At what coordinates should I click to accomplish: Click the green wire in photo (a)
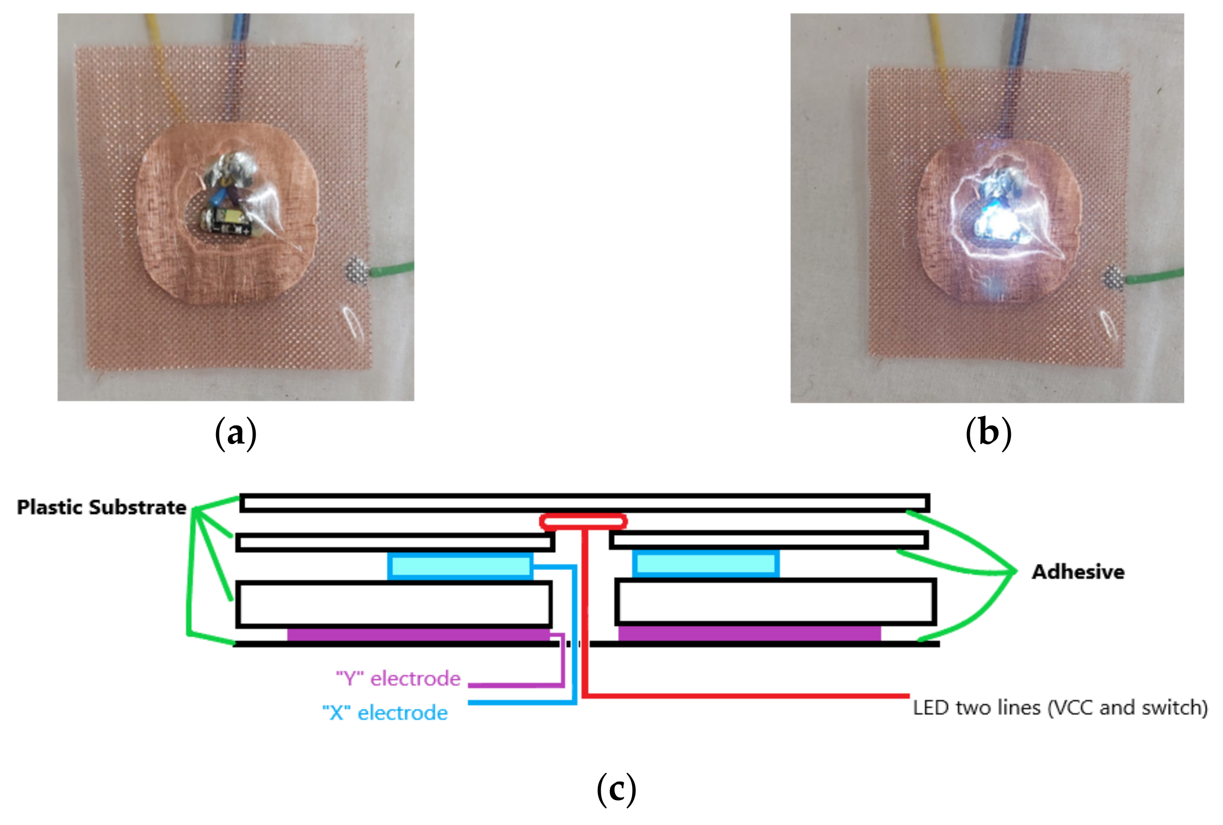click(392, 270)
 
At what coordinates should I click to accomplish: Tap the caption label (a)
click(236, 432)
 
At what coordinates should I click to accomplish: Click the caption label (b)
click(988, 432)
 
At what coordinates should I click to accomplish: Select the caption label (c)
click(616, 789)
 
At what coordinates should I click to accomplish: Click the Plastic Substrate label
click(102, 507)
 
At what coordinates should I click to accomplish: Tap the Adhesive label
click(1078, 571)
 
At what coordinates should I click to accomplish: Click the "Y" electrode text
click(398, 678)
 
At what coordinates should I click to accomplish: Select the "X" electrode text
click(385, 713)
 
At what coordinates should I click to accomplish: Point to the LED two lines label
click(1060, 707)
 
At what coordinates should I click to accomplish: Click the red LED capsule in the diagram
click(583, 522)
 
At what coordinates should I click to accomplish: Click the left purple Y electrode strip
click(418, 635)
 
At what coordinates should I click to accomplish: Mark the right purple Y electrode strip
click(749, 634)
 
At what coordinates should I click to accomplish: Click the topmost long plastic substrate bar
click(584, 503)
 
